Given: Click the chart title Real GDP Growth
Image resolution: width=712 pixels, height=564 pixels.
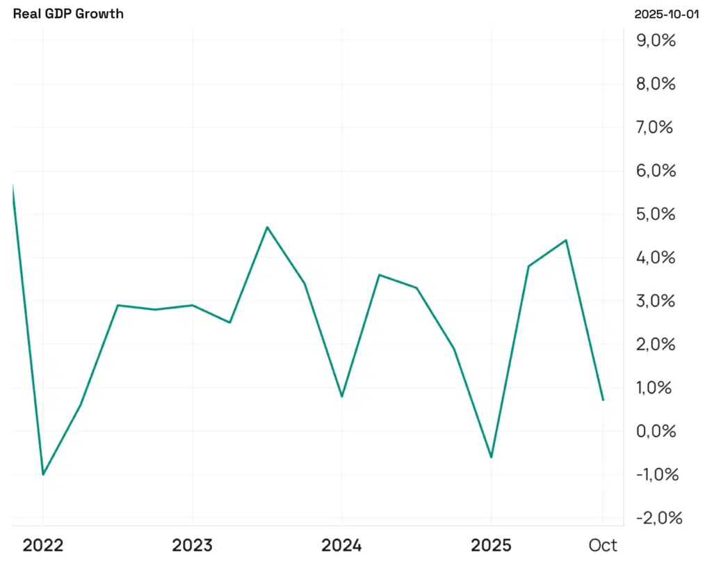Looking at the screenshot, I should coord(68,14).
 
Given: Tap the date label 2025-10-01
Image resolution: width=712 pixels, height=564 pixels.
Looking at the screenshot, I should coord(666,14).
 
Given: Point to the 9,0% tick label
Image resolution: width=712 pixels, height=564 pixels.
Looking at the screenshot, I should coord(656,40).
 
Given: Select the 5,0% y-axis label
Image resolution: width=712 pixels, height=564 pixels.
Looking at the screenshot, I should coord(656,214).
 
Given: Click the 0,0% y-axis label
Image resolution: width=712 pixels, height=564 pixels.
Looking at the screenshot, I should coord(656,431).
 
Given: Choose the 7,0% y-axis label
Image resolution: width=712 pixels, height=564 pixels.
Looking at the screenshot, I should coord(656,127).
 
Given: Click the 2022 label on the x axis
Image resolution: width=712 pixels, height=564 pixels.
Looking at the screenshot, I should coord(43,545).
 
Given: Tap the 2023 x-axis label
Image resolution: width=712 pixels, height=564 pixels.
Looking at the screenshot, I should coord(193,545).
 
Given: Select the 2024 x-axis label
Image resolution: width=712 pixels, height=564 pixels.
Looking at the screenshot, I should coord(342,545).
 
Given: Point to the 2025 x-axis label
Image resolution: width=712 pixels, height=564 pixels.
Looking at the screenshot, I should coord(492,545).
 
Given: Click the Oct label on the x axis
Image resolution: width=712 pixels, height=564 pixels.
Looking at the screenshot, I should coord(603,545).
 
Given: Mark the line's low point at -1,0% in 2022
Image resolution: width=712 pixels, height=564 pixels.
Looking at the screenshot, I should coord(43,474).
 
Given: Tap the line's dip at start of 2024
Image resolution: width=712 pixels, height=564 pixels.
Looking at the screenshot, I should coord(342,396).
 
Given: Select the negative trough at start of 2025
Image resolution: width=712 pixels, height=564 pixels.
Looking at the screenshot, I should coord(492,457).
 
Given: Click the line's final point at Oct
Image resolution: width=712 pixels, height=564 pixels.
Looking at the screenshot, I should coord(603,400).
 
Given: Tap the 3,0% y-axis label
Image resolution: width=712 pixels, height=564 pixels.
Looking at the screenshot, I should coord(656,301).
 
